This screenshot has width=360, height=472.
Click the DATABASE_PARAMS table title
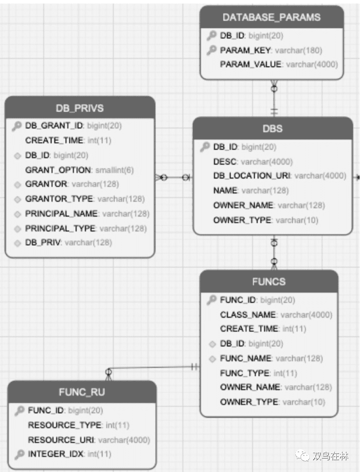coord(272,17)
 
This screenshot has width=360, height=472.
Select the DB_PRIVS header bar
coord(80,108)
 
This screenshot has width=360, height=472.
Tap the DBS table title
coord(272,129)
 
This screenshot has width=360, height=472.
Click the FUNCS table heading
coord(269,282)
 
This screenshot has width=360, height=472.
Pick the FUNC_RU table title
coord(82,392)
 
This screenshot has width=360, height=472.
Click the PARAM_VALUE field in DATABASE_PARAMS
coord(250,64)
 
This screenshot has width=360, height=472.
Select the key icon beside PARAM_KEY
coord(211,50)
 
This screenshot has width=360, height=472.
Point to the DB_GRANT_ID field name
coord(54,126)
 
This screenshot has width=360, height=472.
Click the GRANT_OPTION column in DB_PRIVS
coord(58,170)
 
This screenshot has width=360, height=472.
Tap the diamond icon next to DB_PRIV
coord(17,243)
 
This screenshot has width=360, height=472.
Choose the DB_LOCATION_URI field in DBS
coord(252,176)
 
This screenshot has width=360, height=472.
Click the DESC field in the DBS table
coord(225,161)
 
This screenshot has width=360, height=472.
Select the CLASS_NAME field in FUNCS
coord(248,314)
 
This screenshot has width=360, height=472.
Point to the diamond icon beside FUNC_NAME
coord(212,359)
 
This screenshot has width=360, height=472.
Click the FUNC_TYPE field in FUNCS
coord(245,373)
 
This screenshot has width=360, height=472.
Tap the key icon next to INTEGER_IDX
coord(19,454)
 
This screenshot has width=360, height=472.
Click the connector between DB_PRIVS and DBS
coord(174,178)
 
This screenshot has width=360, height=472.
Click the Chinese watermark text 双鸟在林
coord(330,456)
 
